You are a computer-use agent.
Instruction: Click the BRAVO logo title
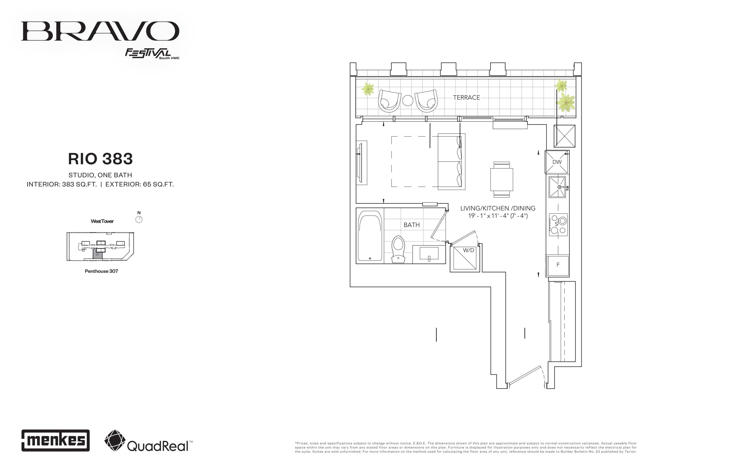click(x=100, y=31)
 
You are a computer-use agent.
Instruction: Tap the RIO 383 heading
click(x=101, y=159)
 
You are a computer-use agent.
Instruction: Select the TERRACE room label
click(x=466, y=97)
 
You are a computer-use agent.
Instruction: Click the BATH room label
click(x=411, y=225)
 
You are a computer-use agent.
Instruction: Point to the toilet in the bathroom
click(x=398, y=249)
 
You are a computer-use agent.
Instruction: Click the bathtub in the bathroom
click(x=370, y=236)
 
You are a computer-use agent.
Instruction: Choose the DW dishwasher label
click(x=557, y=162)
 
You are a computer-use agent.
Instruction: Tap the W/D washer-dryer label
click(x=469, y=250)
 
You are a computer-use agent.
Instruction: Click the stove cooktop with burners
click(x=558, y=225)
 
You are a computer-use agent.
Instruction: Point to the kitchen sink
click(x=557, y=187)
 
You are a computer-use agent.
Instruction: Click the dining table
click(x=502, y=179)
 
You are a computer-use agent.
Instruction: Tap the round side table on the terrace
click(x=408, y=100)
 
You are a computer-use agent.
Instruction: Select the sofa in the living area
click(x=451, y=162)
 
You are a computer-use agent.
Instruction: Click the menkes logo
click(x=56, y=440)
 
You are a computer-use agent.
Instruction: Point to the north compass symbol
click(x=139, y=219)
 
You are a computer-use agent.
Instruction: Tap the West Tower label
click(x=102, y=221)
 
